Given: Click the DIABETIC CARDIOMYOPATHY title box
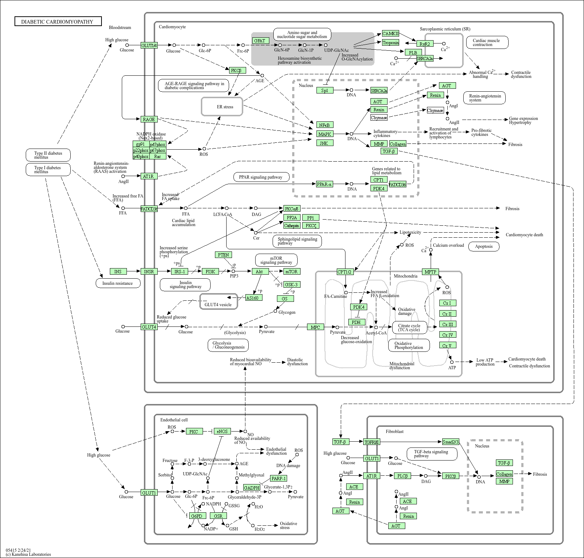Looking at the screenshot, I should pos(58,22).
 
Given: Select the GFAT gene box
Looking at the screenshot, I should pos(260,41).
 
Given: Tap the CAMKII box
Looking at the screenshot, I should pos(390,34).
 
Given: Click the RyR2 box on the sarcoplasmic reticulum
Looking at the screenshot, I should pos(425,44).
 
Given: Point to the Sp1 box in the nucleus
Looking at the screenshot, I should pos(324,91).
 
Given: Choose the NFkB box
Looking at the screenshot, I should pos(324,125).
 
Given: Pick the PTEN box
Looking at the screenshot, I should pos(223,255).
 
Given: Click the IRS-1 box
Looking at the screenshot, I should pos(179,272).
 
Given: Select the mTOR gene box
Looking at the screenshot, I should pos(292,272).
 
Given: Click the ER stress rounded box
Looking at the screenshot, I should pos(222,107).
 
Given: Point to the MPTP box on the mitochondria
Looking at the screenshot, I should pos(431,272).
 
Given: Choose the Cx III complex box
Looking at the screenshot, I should pos(448,324).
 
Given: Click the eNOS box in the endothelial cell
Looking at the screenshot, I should pos(222,432).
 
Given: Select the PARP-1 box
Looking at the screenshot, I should pos(278,478).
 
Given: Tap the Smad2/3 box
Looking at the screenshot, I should pos(451,442).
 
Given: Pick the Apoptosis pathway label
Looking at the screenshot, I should pos(484,247).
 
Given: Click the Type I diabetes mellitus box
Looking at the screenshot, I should pos(48,170).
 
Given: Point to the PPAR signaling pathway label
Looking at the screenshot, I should pos(260,177).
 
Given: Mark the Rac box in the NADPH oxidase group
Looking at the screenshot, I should pos(158,157).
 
